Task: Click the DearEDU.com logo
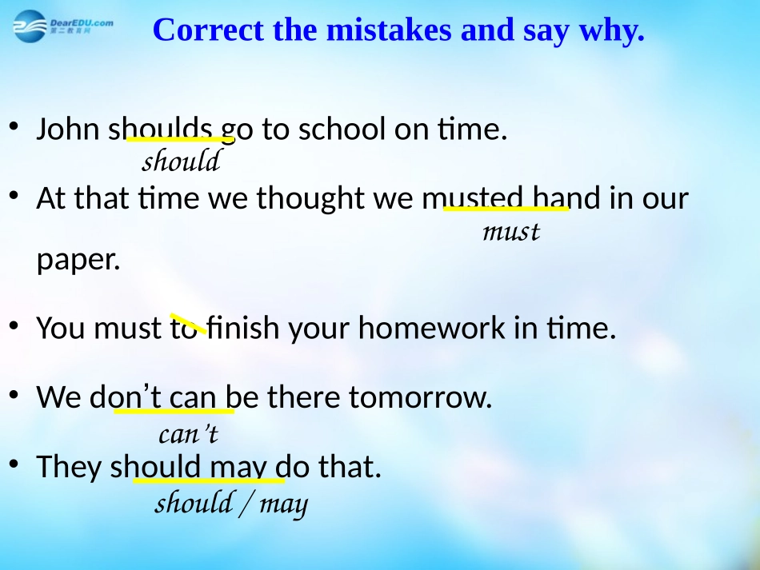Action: [x=62, y=27]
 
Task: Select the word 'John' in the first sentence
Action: [x=69, y=129]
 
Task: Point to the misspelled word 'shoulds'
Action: [x=161, y=129]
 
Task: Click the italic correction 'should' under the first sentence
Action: [x=181, y=161]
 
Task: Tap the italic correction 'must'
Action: [x=511, y=232]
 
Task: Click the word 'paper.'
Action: [x=78, y=261]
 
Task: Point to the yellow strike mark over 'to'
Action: [x=189, y=324]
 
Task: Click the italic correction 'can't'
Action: [x=188, y=435]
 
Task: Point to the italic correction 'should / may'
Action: [x=230, y=504]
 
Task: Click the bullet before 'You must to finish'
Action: [x=14, y=326]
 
